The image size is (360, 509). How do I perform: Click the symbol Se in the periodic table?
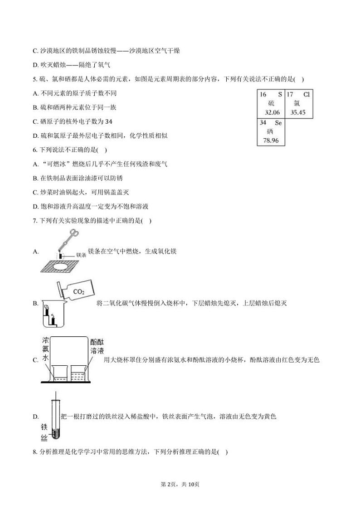click(x=278, y=123)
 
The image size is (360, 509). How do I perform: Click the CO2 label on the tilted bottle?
click(x=79, y=292)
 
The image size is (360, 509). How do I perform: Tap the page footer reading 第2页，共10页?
click(x=180, y=484)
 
